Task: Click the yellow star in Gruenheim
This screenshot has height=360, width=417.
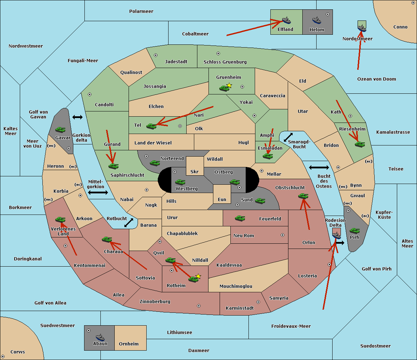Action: click(x=229, y=85)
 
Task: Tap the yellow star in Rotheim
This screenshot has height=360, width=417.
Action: click(x=198, y=276)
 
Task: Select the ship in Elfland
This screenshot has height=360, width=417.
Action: click(x=286, y=20)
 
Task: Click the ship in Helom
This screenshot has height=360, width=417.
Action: click(x=316, y=20)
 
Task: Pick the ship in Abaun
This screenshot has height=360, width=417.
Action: click(x=100, y=337)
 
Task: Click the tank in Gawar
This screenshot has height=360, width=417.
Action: click(x=60, y=130)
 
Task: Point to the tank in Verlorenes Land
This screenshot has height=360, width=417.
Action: click(x=60, y=219)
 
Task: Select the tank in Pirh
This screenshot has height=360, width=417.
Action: click(x=354, y=231)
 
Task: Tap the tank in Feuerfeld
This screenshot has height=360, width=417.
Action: click(x=240, y=218)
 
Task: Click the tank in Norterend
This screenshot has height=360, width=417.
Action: click(x=155, y=163)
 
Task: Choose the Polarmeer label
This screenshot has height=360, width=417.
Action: click(x=141, y=11)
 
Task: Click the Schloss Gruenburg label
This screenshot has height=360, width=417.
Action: click(x=225, y=62)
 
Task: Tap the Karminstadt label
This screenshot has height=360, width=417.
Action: click(x=240, y=308)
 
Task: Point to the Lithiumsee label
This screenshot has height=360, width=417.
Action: click(x=179, y=333)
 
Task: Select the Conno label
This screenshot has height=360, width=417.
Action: click(x=400, y=27)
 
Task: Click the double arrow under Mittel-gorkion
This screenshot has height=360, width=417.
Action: click(x=98, y=193)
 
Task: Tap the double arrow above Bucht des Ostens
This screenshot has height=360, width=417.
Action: click(x=319, y=168)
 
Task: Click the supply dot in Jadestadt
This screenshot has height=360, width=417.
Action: click(x=156, y=55)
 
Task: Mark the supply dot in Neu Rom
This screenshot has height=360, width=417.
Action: click(x=283, y=235)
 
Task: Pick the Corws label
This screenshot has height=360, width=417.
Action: click(x=18, y=352)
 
